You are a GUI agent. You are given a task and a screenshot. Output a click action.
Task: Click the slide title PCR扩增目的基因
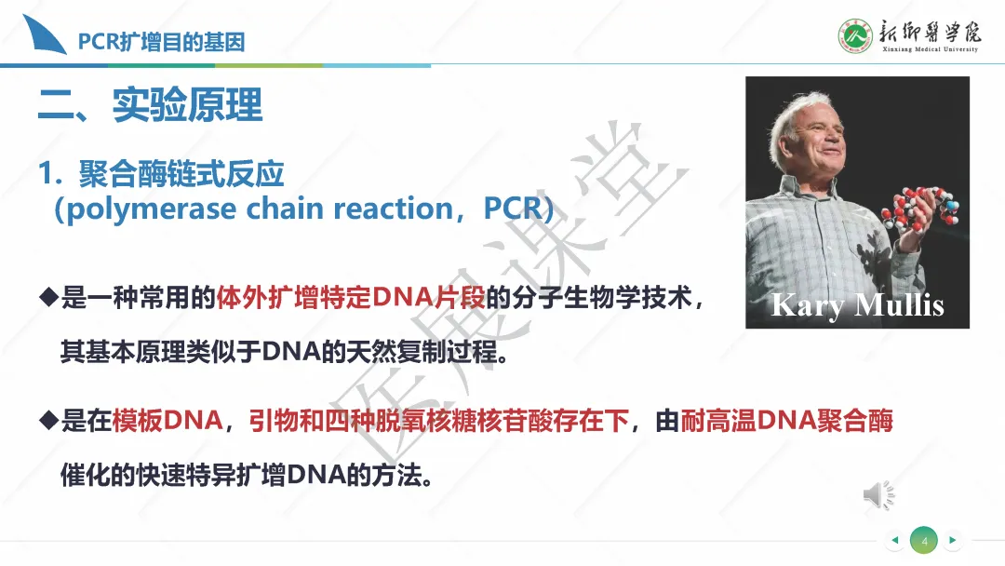coord(162,42)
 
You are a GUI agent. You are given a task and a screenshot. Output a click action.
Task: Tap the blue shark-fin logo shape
coord(45,36)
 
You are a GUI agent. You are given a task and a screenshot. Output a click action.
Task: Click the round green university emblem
coord(855,36)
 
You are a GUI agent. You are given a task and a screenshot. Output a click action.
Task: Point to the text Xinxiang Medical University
coord(930,49)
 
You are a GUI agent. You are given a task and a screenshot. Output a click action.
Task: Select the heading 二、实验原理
coord(150,104)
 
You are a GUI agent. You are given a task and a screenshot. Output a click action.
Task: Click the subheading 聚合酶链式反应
coord(181,174)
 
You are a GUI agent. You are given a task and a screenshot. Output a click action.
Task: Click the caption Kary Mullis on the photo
coord(858,305)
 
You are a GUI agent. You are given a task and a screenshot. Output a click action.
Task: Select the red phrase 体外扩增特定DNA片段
coord(351,298)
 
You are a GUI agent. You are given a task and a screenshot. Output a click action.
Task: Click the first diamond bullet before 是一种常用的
coord(48,298)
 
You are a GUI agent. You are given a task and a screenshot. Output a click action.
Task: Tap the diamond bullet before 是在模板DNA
coord(48,421)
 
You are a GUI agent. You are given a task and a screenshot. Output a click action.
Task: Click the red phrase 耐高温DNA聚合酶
coord(786,421)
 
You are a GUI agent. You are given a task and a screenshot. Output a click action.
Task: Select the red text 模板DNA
coord(167,421)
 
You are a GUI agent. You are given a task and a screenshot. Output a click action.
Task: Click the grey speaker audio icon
coord(878,495)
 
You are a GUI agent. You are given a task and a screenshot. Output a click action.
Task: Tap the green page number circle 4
coord(924,540)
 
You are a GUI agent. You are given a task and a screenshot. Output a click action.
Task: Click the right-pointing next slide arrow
coord(953,540)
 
